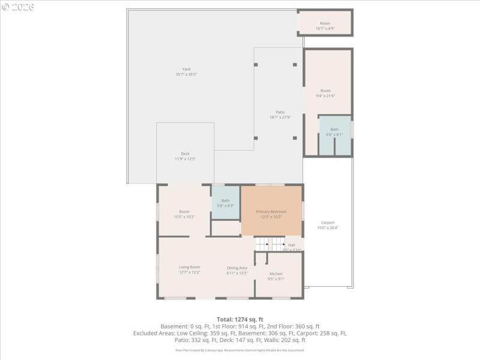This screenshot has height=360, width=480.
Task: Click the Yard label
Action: click(187, 69)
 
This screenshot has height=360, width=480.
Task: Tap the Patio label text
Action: click(280, 112)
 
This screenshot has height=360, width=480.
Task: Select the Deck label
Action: click(185, 154)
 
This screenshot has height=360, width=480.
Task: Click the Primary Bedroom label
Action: click(271, 212)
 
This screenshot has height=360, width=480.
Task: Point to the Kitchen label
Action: click(276, 274)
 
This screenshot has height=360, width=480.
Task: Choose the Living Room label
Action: click(190, 267)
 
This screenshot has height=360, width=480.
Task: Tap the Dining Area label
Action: click(237, 268)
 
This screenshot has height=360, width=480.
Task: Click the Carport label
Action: click(328, 223)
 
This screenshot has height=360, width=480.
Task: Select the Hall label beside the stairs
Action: click(292, 245)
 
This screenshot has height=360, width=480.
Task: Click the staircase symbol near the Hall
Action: click(270, 244)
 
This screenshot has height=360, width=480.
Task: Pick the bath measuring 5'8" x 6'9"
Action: click(226, 203)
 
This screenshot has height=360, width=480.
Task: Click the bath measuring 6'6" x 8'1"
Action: click(334, 132)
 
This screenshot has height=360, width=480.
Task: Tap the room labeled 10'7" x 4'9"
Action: click(325, 26)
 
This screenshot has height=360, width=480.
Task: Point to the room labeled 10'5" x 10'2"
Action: click(184, 214)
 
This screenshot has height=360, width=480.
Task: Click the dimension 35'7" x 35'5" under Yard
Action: click(187, 74)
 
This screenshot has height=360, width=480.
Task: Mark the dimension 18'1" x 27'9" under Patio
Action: click(280, 118)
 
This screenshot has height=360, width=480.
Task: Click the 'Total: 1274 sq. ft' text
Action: click(240, 319)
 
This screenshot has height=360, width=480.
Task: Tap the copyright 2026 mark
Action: click(18, 7)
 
